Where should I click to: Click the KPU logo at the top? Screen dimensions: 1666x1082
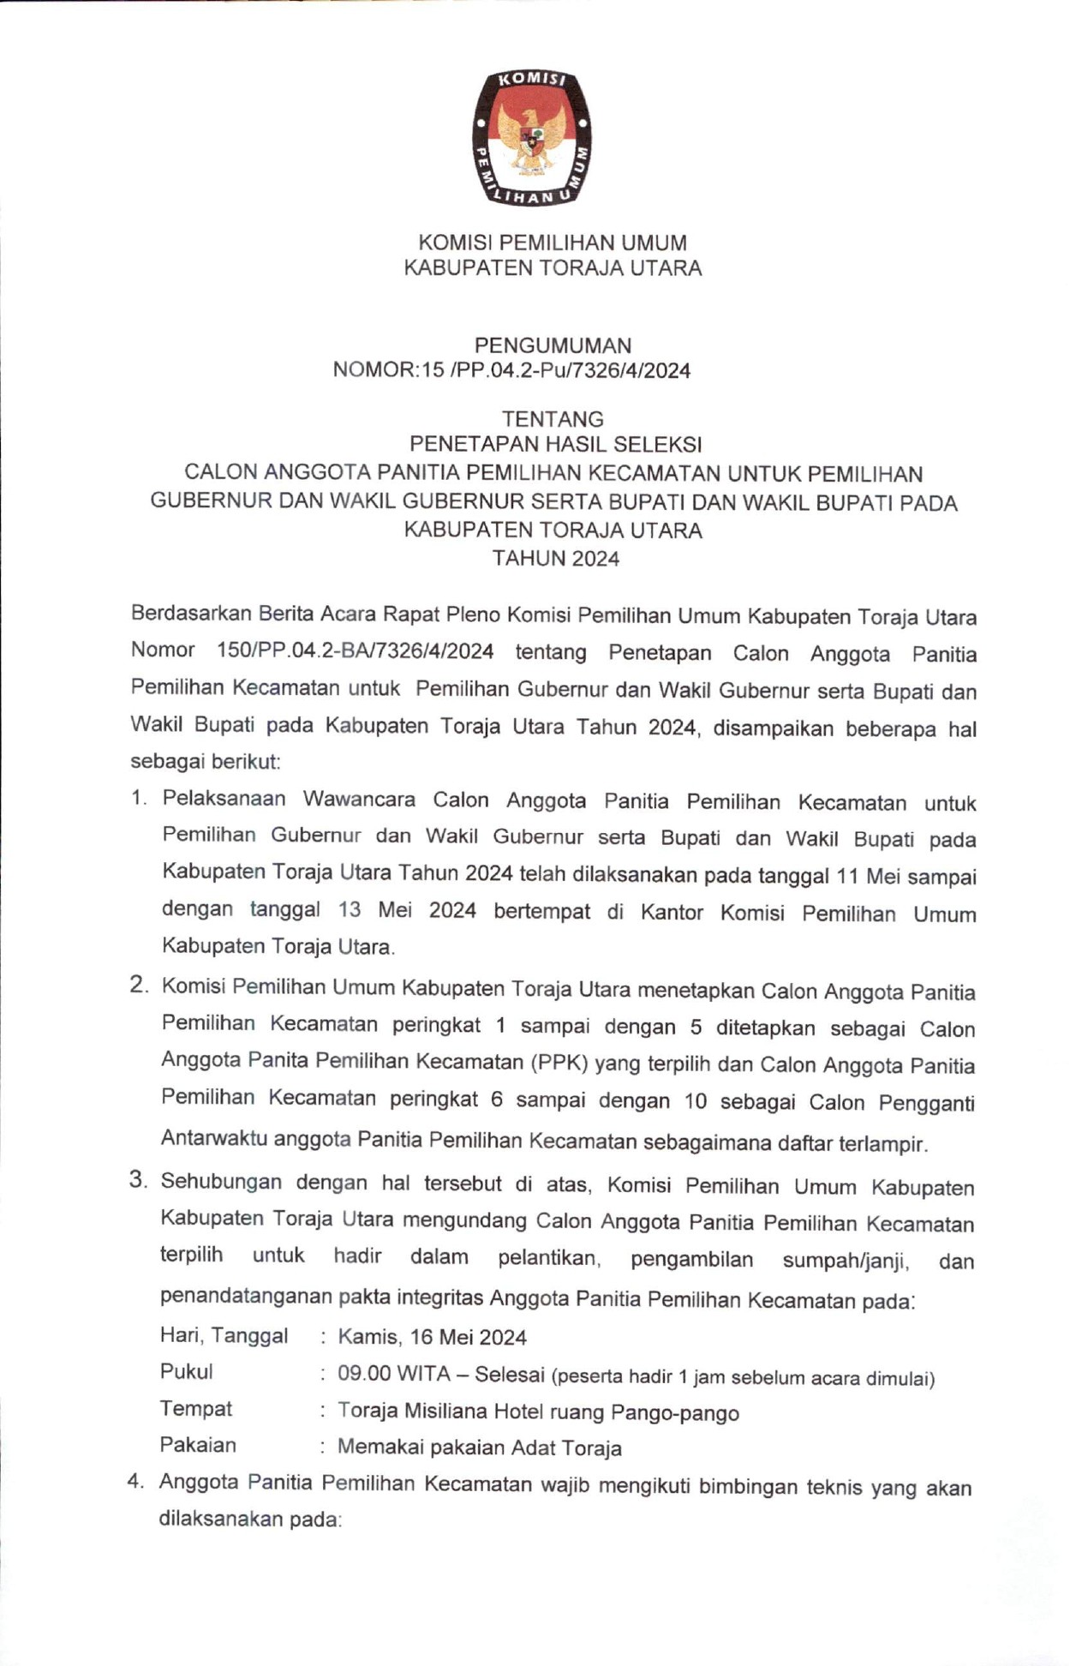[x=532, y=139]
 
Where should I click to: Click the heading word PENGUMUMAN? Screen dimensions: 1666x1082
[x=553, y=345]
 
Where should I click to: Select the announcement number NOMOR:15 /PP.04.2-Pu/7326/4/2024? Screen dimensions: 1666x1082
[x=511, y=370]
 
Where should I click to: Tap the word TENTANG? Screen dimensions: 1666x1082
[x=553, y=419]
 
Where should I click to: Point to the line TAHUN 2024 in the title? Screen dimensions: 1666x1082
[x=555, y=559]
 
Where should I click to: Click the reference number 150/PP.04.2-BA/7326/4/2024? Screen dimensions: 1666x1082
[x=356, y=651]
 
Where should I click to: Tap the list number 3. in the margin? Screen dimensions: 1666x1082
[x=139, y=1180]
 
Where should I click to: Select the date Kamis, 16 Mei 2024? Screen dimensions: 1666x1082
[x=432, y=1337]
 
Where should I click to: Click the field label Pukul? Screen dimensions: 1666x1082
[x=186, y=1372]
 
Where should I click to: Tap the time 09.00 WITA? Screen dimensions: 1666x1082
[x=393, y=1374]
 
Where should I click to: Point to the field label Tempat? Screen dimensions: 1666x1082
[x=195, y=1409]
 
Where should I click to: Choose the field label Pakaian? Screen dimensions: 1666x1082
[x=198, y=1445]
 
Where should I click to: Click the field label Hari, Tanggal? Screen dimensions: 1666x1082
[x=224, y=1335]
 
